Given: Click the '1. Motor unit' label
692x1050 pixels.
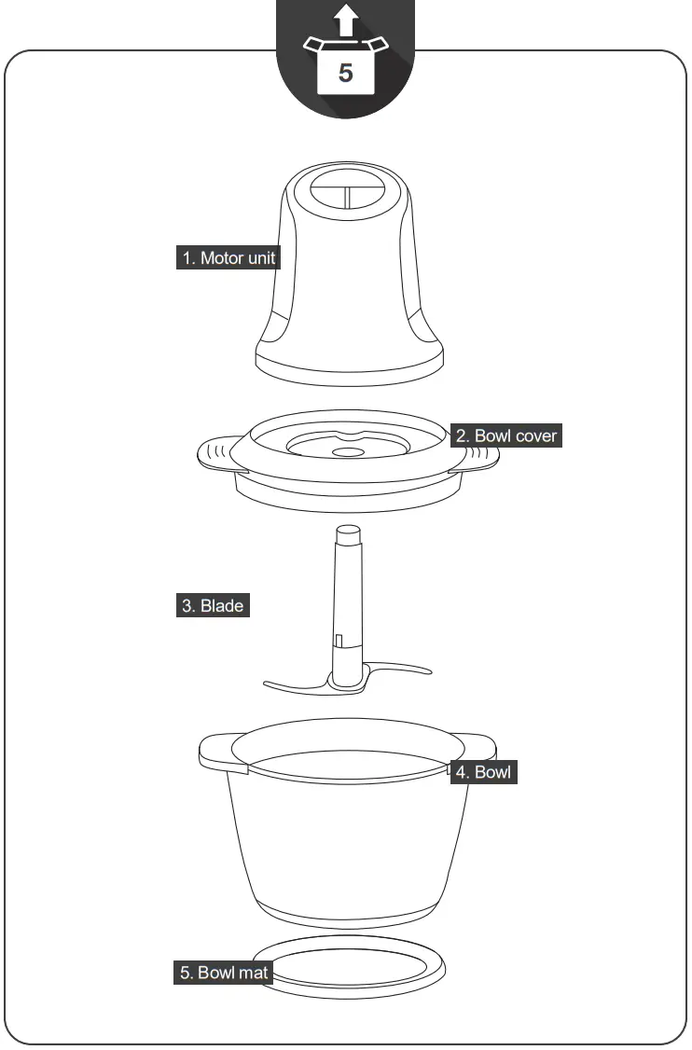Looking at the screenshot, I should click(228, 257).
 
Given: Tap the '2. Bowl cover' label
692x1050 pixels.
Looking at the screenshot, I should click(506, 435).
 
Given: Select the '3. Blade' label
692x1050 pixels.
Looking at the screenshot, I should click(213, 605).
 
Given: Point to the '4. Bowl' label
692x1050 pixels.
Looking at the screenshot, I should click(483, 772).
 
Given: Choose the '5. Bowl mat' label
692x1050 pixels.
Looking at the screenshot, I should click(223, 973).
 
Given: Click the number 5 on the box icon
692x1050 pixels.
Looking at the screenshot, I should click(346, 74).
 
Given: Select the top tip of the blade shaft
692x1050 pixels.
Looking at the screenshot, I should click(347, 533).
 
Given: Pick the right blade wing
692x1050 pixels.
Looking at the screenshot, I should click(401, 668).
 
